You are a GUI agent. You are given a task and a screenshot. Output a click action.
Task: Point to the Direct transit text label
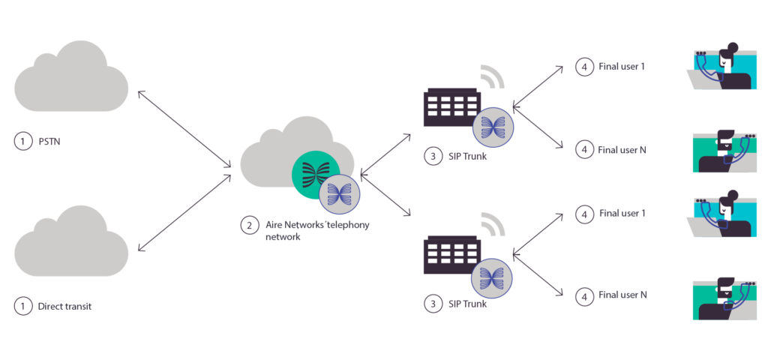click(x=64, y=306)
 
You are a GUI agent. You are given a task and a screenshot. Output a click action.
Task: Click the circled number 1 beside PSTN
click(x=23, y=140)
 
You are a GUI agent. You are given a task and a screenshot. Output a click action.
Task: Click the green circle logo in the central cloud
click(x=315, y=175)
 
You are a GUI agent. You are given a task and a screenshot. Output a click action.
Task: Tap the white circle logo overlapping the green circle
click(x=340, y=194)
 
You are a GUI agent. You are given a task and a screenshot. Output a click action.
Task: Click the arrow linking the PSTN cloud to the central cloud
click(x=184, y=129)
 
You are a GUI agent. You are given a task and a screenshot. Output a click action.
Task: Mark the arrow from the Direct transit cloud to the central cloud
click(x=184, y=214)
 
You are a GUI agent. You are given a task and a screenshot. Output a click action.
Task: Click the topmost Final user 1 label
click(x=622, y=67)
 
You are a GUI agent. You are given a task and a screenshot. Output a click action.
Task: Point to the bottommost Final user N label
click(x=622, y=295)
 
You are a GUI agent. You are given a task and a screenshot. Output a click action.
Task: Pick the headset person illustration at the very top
click(x=720, y=67)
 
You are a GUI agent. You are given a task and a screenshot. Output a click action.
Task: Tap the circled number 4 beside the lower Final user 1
click(x=583, y=213)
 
